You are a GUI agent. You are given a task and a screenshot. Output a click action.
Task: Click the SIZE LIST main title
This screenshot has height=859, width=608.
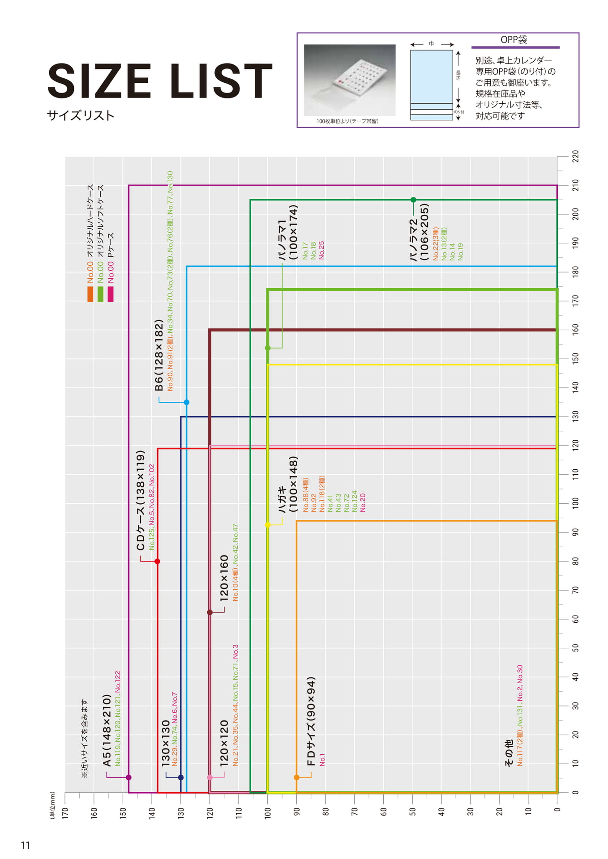point(160,81)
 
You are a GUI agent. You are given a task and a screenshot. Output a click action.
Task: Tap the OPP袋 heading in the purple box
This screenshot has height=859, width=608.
point(514,39)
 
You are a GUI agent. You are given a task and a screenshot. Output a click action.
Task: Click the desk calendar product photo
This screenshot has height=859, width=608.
point(350,80)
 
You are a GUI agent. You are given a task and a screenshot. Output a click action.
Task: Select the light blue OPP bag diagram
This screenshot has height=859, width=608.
point(432,85)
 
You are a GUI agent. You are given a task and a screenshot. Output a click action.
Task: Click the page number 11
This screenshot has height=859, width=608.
point(25,845)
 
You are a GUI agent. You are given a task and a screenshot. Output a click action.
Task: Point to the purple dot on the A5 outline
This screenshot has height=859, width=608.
point(128,778)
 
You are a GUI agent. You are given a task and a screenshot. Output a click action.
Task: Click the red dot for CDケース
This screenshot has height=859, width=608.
point(157,561)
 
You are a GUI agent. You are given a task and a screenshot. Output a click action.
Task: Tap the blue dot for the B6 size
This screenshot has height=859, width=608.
point(187,402)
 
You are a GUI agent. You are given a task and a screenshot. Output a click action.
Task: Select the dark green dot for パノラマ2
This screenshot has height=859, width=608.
point(413,200)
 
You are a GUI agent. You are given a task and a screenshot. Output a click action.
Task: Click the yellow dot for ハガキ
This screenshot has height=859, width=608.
point(268,525)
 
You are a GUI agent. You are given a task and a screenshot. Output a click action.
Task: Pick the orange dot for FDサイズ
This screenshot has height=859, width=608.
point(296,778)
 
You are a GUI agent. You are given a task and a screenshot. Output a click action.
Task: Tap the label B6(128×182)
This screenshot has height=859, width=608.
point(159,355)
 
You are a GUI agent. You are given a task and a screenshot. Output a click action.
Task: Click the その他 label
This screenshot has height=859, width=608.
point(509,753)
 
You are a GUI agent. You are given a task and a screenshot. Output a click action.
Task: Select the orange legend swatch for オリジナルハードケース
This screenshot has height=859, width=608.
point(90,294)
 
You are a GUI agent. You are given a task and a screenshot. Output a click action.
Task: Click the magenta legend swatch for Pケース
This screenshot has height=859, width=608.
point(111,294)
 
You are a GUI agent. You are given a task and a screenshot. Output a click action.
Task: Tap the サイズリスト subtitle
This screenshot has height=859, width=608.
point(81,115)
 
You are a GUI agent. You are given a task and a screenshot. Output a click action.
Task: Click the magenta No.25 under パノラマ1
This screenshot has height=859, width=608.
point(321,251)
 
